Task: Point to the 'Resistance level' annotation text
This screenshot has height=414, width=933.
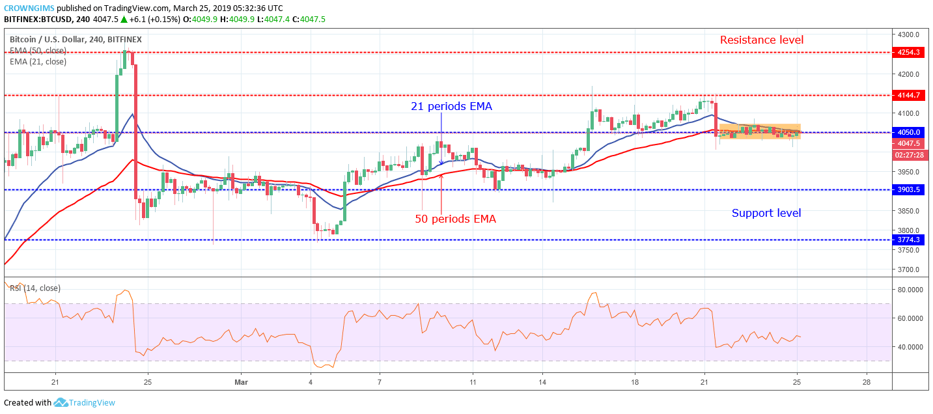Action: [x=761, y=40]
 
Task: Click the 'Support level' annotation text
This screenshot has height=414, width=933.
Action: [x=766, y=213]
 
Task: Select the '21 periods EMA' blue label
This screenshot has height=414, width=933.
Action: [x=450, y=106]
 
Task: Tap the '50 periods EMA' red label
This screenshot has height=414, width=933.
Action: [x=455, y=219]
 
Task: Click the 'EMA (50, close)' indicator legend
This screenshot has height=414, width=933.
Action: [x=38, y=51]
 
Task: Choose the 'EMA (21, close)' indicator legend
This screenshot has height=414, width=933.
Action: [x=38, y=62]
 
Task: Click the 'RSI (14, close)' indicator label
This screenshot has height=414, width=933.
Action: [x=35, y=288]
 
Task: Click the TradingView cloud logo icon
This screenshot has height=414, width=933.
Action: [x=61, y=403]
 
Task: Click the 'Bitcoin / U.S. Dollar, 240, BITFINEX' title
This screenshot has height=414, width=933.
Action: [x=76, y=40]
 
